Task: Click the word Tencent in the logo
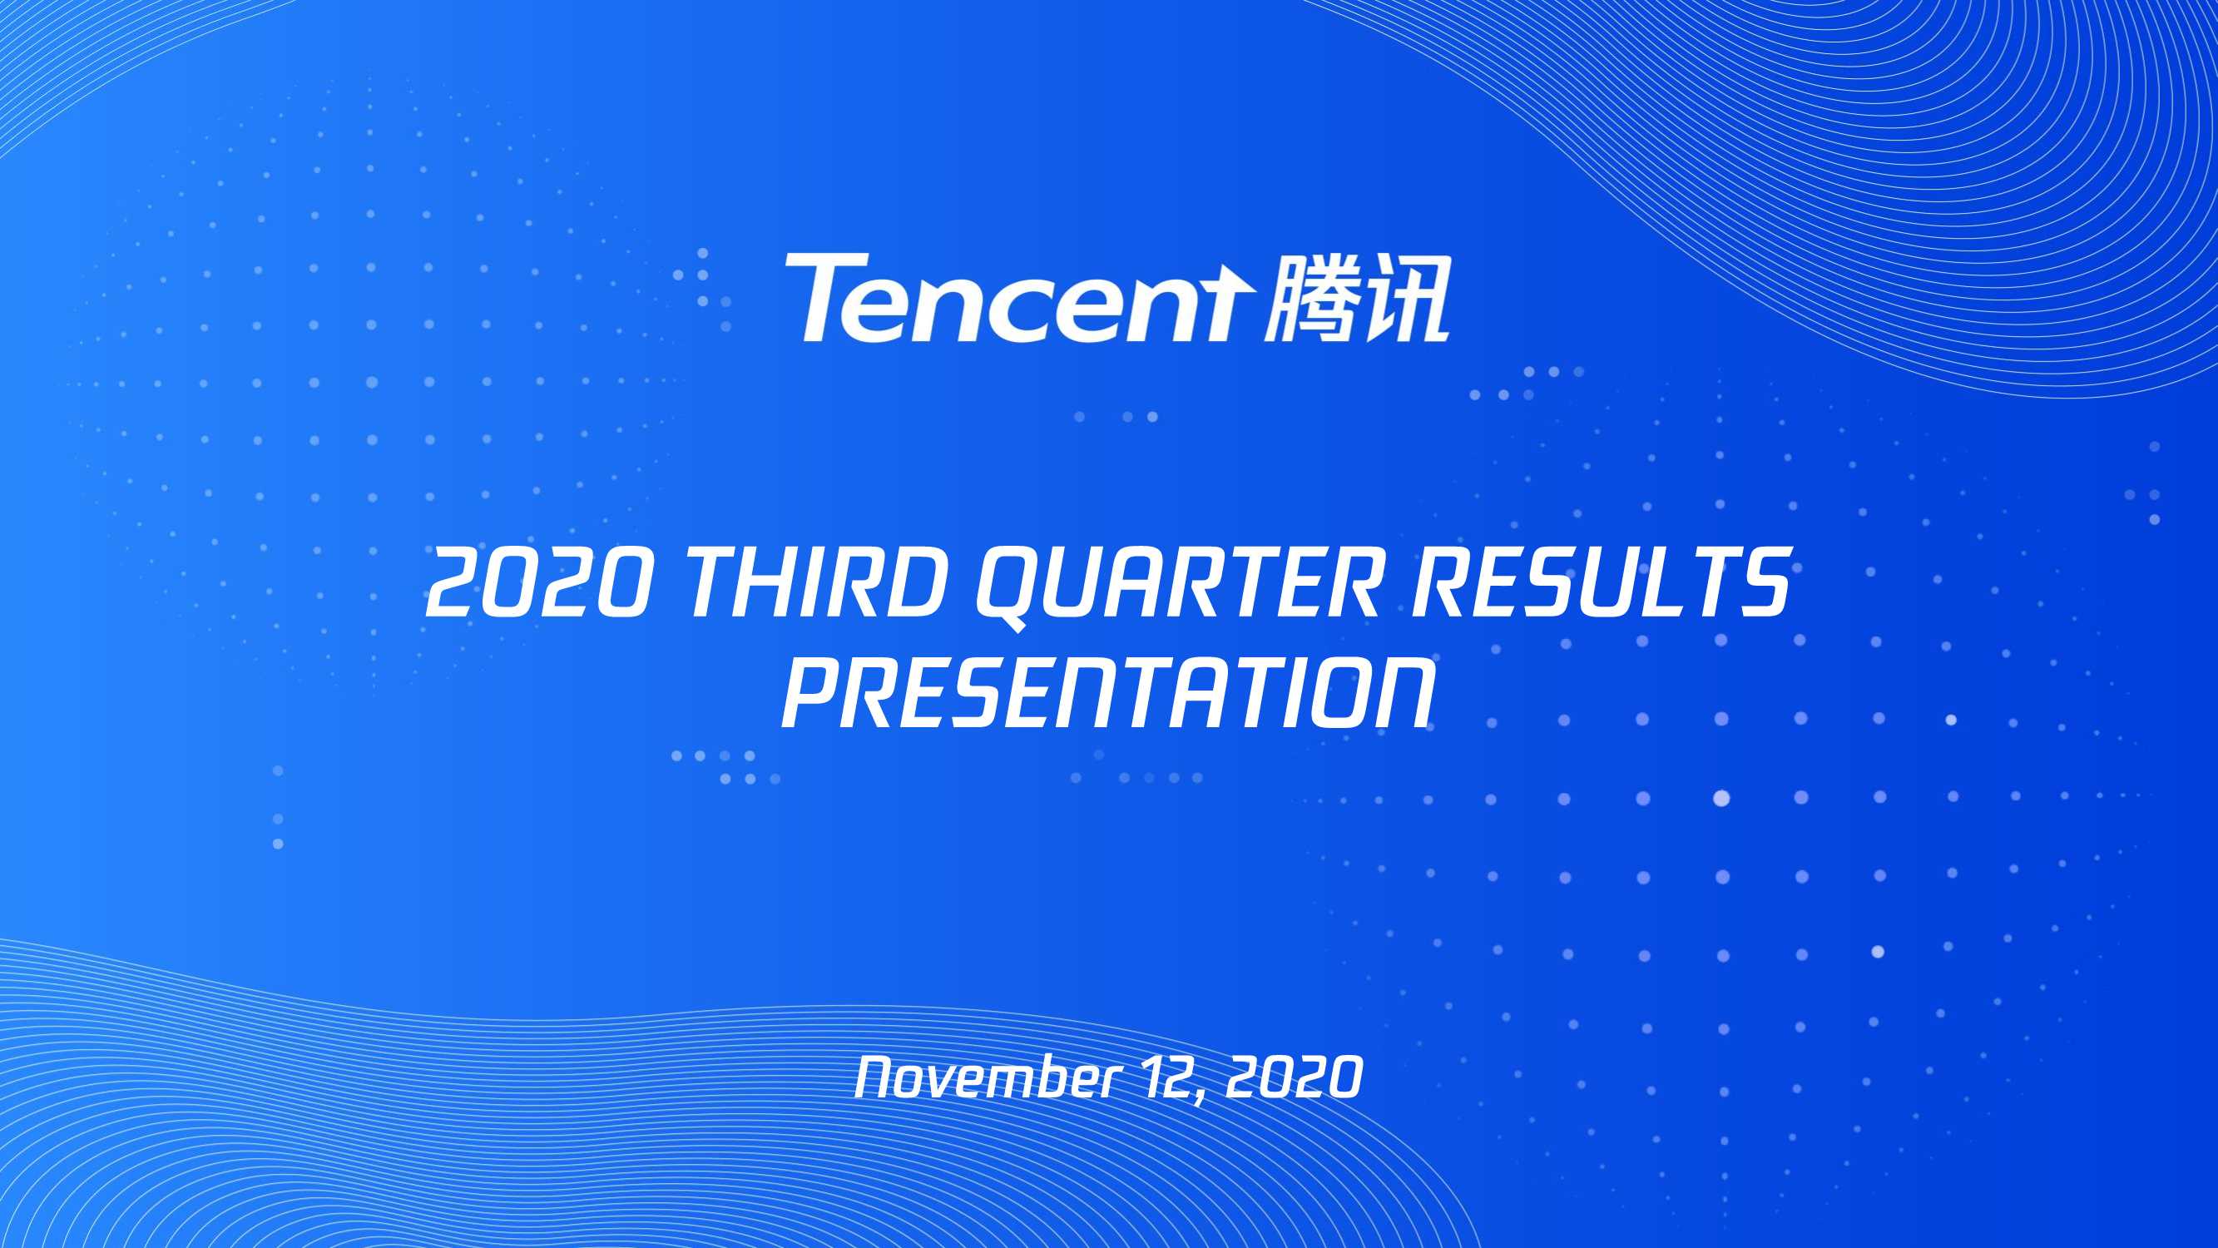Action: coord(1016,299)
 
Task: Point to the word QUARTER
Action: coord(1178,586)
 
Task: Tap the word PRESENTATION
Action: coord(1108,694)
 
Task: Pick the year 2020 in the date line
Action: coord(1295,1077)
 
